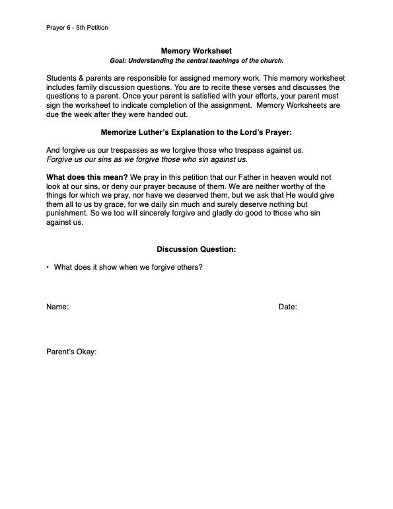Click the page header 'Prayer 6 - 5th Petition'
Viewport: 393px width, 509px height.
(77, 28)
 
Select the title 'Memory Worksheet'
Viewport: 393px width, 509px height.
(196, 50)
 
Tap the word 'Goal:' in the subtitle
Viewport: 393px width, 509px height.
(119, 61)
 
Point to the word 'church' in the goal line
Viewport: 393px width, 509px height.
(269, 61)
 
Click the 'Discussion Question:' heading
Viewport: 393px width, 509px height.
(196, 249)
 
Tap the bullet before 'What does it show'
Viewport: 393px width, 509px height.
(48, 267)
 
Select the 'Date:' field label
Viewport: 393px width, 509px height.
(287, 307)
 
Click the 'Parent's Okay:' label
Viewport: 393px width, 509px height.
(71, 352)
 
